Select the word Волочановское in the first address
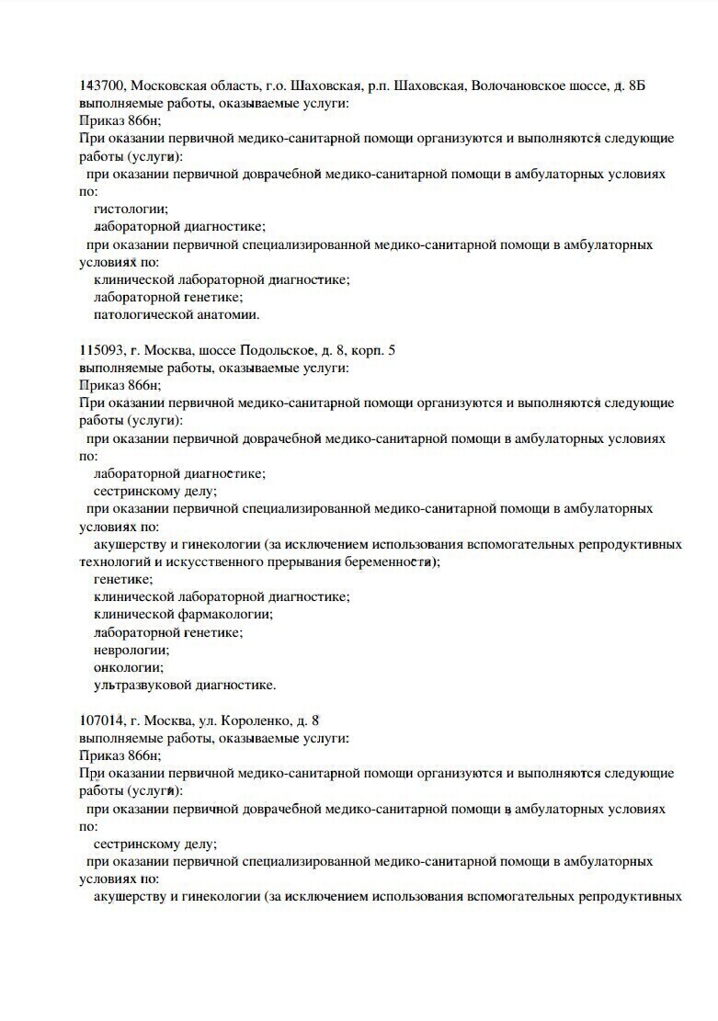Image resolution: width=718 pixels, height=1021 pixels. (515, 85)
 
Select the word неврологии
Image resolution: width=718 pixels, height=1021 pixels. (131, 650)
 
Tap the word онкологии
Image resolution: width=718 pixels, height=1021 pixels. (129, 667)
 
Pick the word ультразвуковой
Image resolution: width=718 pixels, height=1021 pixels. (140, 686)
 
